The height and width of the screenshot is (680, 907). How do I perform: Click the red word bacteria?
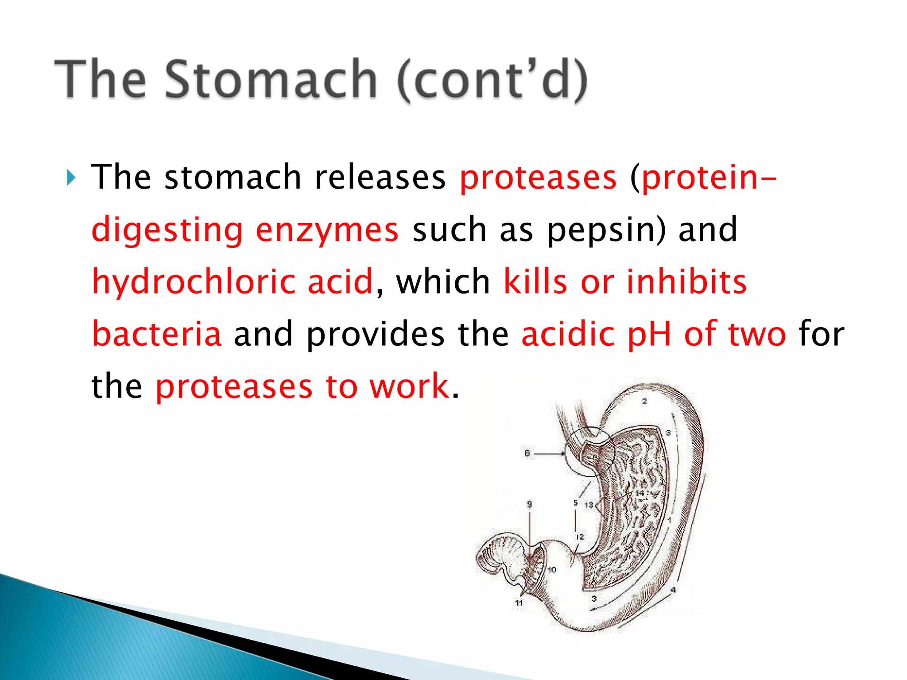[156, 334]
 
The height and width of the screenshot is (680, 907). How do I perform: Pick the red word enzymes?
[327, 230]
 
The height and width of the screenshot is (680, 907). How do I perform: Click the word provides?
[376, 334]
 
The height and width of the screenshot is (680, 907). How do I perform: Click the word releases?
[380, 177]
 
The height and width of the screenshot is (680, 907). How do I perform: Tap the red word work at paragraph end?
[410, 386]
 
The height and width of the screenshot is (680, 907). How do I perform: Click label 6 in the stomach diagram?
[527, 453]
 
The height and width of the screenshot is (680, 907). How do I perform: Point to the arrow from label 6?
[549, 453]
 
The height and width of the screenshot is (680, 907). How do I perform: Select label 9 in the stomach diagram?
[529, 504]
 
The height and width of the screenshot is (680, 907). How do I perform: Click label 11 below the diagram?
[519, 603]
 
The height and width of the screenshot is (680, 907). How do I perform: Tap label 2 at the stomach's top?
[644, 401]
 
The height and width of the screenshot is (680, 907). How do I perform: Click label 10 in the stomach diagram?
[552, 569]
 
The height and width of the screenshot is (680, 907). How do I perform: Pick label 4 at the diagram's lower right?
[673, 590]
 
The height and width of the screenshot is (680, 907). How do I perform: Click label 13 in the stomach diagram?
[589, 505]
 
